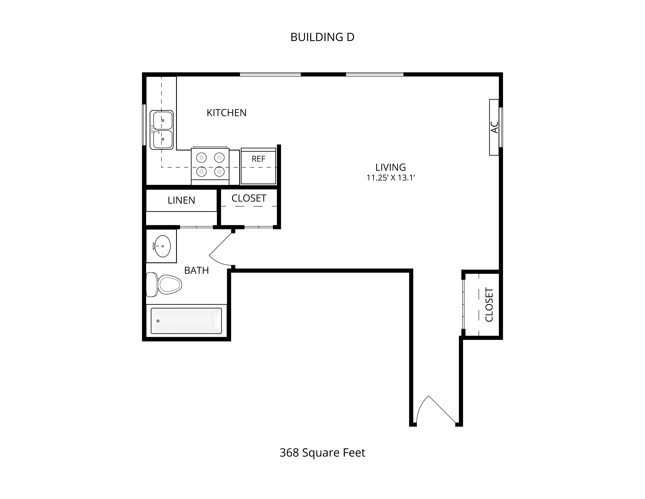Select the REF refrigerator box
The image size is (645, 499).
pos(258,166)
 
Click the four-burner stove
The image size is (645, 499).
pos(210,166)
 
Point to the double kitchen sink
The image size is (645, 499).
pos(162,130)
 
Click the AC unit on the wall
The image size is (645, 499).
pos(494,127)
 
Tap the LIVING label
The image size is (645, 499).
pos(390,167)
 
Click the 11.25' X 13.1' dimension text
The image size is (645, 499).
pos(391,178)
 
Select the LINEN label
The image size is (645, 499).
pos(181,200)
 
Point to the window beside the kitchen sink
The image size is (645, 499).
pos(144,125)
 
